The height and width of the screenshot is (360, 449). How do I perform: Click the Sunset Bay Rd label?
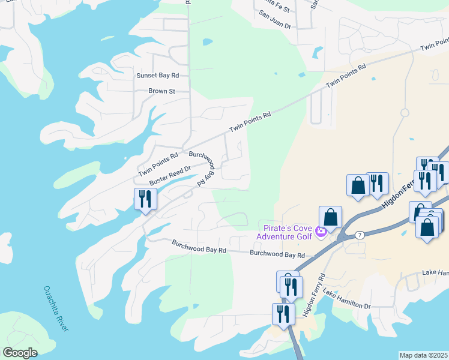tap(158, 76)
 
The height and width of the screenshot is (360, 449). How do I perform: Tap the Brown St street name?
tap(161, 92)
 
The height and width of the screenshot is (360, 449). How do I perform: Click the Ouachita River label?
tap(56, 308)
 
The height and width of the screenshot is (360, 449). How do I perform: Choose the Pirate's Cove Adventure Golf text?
tap(284, 232)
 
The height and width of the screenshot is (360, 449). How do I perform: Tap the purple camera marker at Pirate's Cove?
tap(321, 232)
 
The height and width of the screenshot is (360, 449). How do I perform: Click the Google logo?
tap(20, 353)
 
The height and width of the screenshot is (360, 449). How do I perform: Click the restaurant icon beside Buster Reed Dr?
tap(145, 199)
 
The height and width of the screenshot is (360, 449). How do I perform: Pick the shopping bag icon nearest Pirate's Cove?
tap(330, 217)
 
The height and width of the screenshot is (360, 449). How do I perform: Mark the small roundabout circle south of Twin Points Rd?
tap(405, 112)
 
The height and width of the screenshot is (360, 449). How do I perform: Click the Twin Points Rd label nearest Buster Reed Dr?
tap(158, 164)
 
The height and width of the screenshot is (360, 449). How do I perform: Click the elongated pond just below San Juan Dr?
tap(317, 52)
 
